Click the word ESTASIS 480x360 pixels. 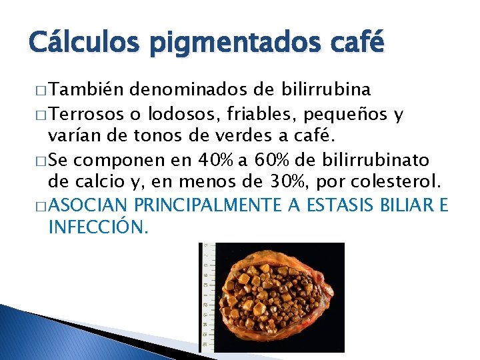point(359,205)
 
